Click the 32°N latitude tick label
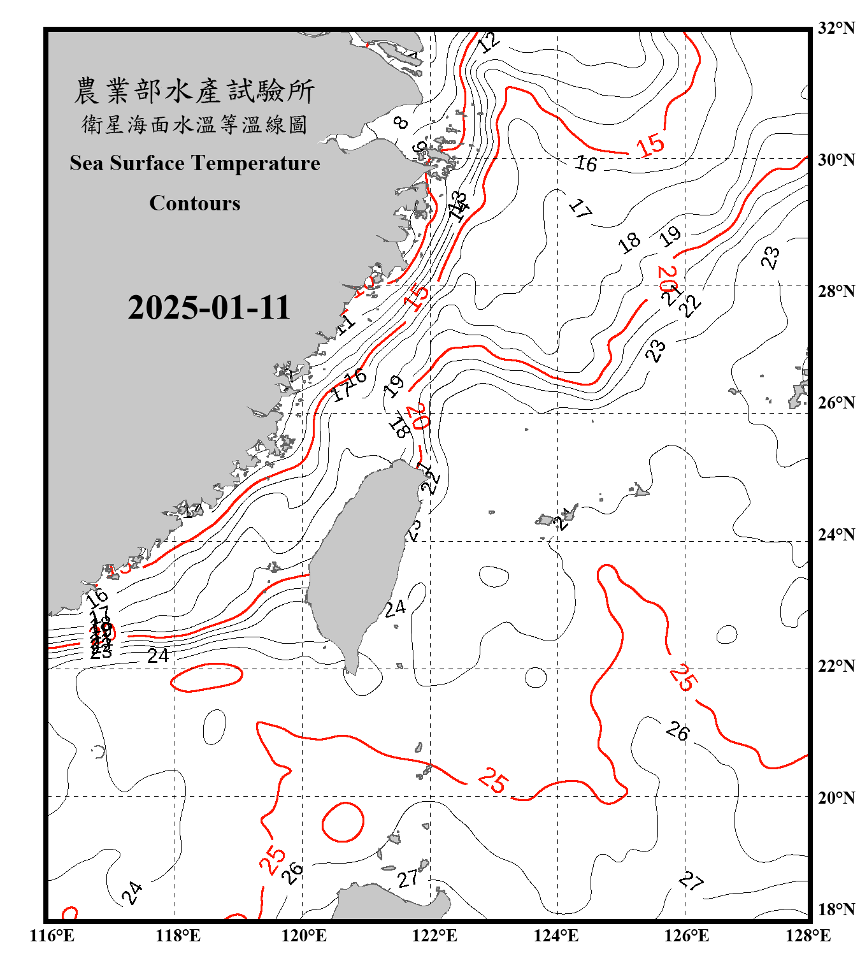point(836,28)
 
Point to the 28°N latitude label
point(836,291)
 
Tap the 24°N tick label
point(836,534)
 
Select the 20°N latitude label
point(836,797)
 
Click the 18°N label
point(836,909)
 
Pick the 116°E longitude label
point(52,936)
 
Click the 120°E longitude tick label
point(304,936)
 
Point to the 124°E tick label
point(556,936)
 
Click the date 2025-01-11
point(209,308)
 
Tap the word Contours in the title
point(195,203)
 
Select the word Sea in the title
point(87,163)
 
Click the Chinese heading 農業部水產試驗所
point(194,91)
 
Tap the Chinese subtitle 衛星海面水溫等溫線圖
point(194,124)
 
